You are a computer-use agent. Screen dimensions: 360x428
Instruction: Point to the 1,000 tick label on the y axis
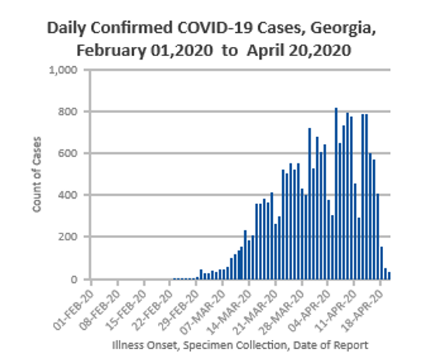(66, 70)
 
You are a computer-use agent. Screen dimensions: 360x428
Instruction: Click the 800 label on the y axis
(70, 112)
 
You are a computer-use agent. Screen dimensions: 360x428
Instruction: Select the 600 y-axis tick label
(70, 153)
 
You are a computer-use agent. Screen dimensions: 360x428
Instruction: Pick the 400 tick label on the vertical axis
(70, 195)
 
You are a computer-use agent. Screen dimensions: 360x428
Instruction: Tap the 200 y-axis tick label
(70, 237)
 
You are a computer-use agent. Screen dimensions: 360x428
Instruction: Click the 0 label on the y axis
(76, 279)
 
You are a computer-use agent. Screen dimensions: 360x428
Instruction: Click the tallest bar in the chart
(336, 193)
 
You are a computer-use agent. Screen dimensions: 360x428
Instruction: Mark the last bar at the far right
(389, 275)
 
